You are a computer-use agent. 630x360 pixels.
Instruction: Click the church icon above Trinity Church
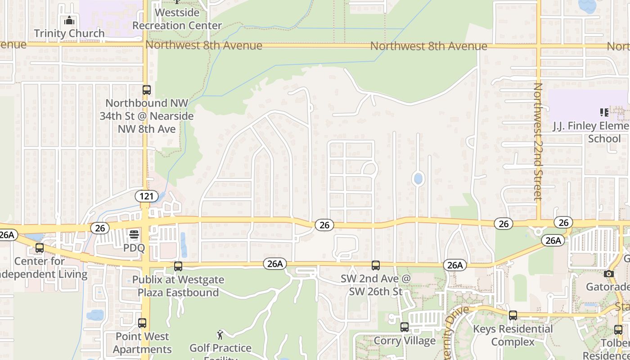click(69, 21)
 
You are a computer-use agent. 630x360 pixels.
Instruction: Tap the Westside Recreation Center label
click(177, 19)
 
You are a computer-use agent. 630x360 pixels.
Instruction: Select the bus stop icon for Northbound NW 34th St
click(146, 90)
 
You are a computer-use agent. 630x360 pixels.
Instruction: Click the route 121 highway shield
click(146, 196)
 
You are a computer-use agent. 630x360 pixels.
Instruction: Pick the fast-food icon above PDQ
click(134, 234)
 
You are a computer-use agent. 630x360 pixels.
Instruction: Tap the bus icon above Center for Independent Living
click(40, 247)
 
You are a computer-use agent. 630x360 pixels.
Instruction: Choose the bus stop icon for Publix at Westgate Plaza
click(178, 266)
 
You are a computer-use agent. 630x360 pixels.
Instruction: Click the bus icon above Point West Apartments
click(142, 323)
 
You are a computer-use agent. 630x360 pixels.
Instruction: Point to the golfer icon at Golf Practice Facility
click(220, 334)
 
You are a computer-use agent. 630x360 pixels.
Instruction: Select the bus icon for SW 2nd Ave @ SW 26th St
click(376, 265)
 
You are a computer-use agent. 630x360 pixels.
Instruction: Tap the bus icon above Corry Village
click(405, 327)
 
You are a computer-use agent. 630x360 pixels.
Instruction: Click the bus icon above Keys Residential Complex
click(513, 315)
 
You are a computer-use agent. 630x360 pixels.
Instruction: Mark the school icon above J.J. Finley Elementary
click(604, 112)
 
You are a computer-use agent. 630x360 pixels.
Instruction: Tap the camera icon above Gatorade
click(609, 274)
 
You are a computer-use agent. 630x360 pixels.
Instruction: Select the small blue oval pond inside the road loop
click(418, 179)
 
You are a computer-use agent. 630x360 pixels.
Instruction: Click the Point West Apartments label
click(142, 343)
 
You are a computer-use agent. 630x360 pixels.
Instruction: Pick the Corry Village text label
click(405, 341)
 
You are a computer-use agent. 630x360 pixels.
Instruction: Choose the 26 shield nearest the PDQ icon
click(100, 228)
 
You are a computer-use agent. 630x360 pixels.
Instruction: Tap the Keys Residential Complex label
click(513, 335)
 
